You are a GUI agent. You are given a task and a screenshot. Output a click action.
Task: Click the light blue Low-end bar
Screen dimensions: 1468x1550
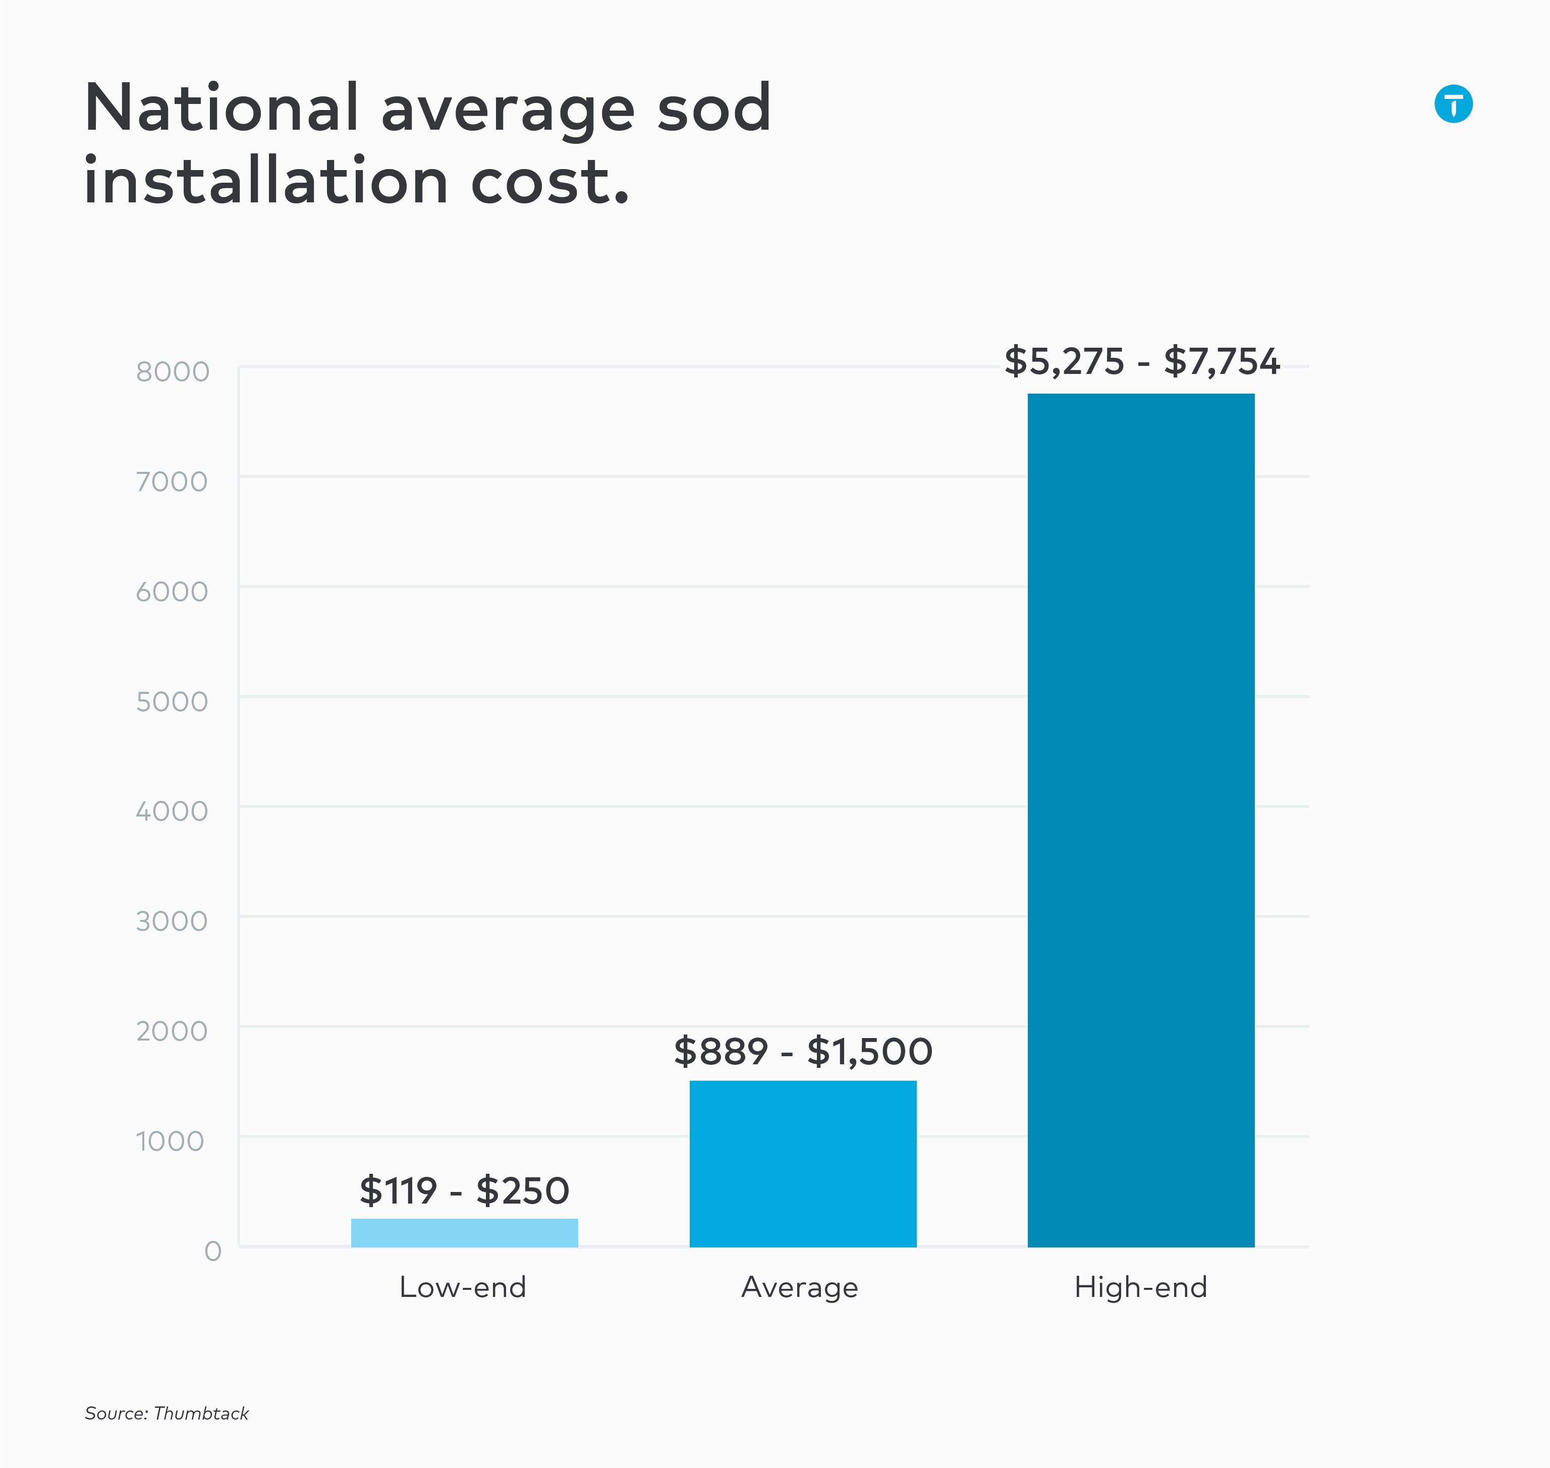464,1232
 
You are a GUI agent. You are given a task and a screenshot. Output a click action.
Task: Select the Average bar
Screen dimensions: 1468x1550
803,1164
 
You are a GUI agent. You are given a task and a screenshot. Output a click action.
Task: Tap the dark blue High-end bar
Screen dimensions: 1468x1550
1141,820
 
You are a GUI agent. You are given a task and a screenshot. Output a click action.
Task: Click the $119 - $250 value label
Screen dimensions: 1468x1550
464,1191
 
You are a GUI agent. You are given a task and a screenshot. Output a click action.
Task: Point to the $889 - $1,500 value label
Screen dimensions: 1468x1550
803,1052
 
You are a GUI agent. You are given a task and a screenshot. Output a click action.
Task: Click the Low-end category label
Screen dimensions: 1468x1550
462,1287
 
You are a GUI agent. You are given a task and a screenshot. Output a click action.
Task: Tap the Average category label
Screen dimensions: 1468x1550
800,1288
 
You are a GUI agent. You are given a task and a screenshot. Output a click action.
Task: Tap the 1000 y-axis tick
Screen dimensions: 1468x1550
170,1141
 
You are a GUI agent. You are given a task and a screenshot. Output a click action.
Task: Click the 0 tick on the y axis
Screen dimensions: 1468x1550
213,1251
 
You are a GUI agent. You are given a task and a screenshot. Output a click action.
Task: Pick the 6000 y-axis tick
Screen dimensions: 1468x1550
172,591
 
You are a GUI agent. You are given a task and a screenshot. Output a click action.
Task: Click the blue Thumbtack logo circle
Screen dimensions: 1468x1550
1453,104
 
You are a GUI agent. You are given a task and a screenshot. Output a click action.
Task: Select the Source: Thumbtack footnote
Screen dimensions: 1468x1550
167,1413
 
